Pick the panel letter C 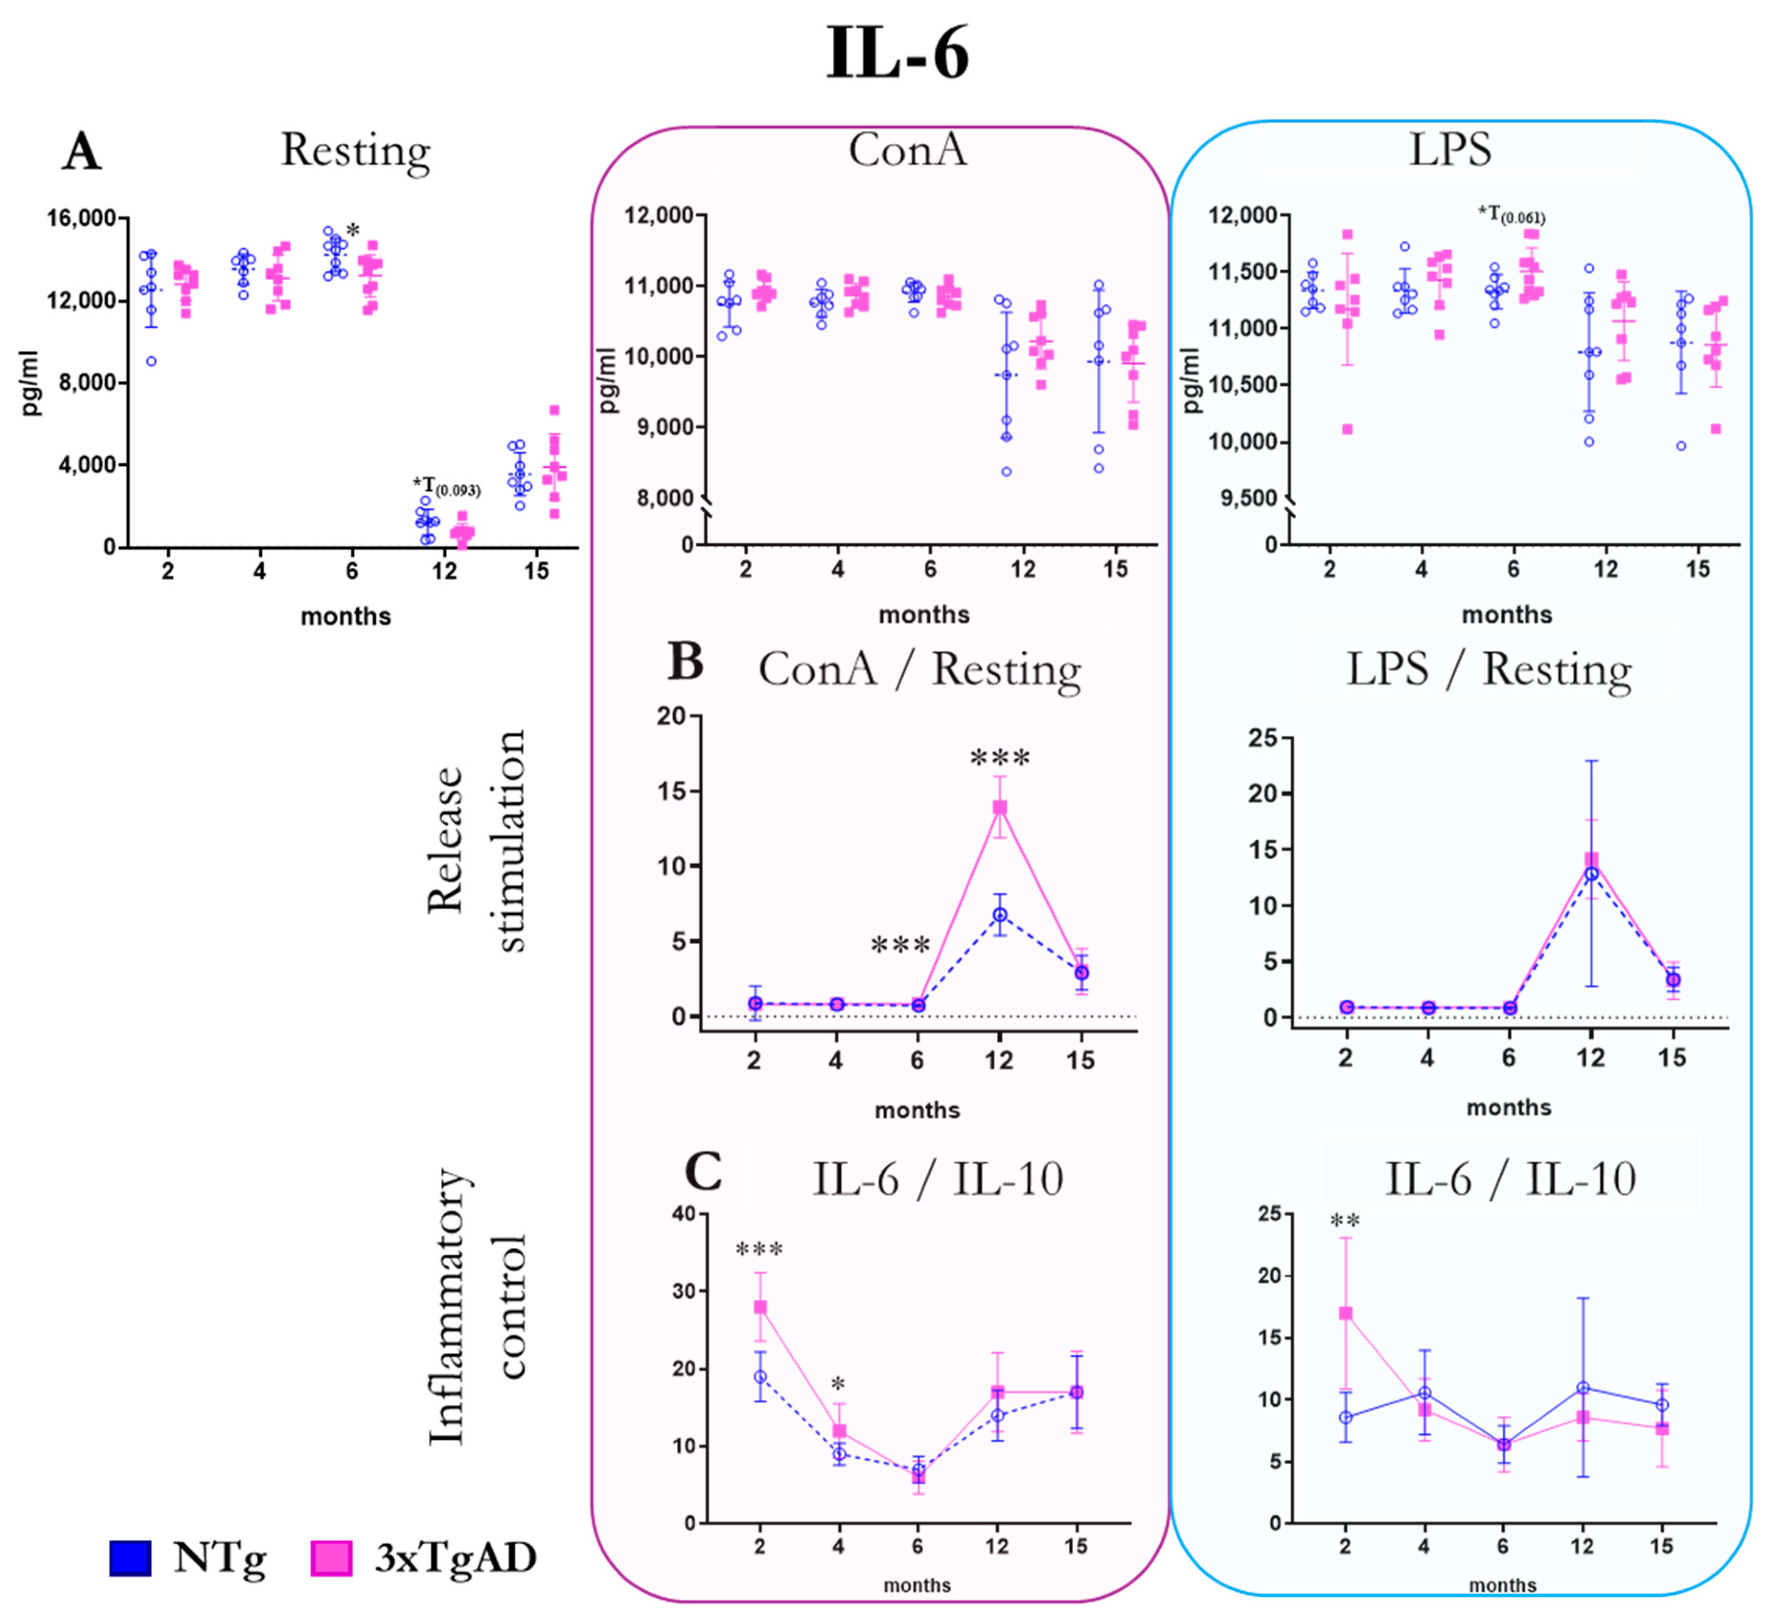click(703, 1171)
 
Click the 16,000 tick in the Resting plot click(81, 218)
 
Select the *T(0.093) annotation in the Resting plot click(446, 486)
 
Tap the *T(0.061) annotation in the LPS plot click(1511, 213)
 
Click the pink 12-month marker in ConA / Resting click(1000, 807)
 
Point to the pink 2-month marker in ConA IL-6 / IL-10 click(760, 1307)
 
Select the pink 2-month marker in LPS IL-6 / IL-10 click(1345, 1313)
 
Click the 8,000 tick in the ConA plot click(659, 498)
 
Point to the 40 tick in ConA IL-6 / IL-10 click(682, 1214)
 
